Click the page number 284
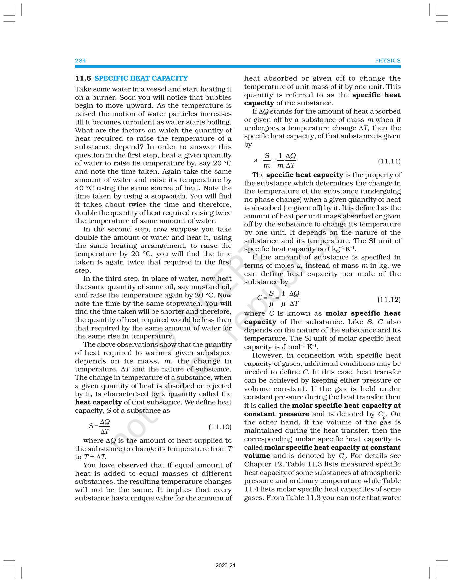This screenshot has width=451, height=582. pos(80,60)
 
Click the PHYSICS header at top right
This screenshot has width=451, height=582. pos(387,60)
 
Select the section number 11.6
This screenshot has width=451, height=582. pos(83,78)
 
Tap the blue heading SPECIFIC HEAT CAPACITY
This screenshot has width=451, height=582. pos(141,78)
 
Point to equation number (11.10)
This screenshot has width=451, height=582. pos(220,427)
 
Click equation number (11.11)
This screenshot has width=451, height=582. pos(389,161)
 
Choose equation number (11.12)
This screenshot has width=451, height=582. pos(389,299)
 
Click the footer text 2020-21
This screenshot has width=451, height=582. pos(225,566)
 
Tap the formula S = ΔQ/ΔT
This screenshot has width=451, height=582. pos(100,426)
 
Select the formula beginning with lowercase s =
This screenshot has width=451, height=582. pos(275,160)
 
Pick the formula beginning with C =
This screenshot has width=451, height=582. pos(279,298)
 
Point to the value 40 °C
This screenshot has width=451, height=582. pos(84,188)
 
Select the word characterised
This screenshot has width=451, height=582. pos(122,394)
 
